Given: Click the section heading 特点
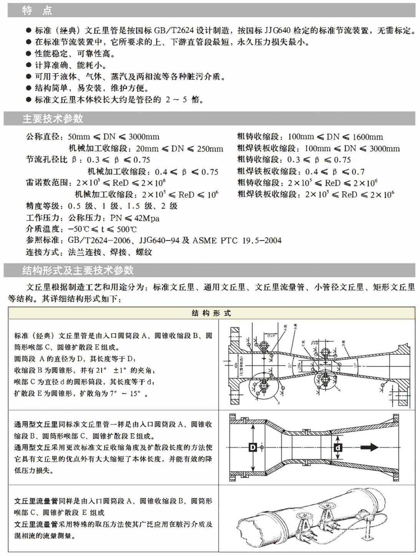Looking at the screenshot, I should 37,10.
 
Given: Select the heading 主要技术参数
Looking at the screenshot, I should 53,119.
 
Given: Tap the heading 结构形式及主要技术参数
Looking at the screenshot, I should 78,270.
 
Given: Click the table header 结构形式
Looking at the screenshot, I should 211,313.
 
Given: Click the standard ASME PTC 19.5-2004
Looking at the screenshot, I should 237,241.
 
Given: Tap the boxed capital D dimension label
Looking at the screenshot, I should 252,447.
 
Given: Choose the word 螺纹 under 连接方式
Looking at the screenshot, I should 144,252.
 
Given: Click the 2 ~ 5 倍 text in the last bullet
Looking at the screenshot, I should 183,100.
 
